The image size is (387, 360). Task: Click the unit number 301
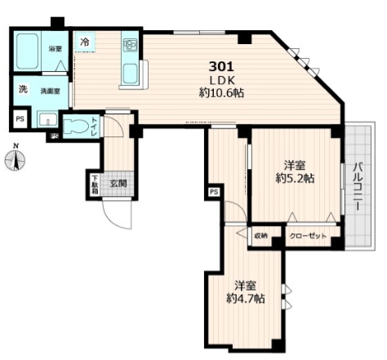coord(221,66)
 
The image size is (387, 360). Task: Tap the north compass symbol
coord(16,159)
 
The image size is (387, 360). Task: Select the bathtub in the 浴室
coord(27,51)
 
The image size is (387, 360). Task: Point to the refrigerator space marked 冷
coord(85,42)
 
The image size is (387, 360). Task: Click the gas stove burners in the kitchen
coord(130,45)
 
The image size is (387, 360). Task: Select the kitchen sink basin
coord(130,73)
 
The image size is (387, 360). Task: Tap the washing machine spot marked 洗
coord(23,89)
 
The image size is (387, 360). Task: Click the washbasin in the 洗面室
coord(47,119)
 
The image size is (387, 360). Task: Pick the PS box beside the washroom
coord(20,119)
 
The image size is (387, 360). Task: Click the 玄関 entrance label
coord(118,184)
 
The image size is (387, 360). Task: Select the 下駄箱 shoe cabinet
coord(95,184)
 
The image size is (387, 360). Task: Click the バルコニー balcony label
coord(358,186)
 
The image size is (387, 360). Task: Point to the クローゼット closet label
coord(308,236)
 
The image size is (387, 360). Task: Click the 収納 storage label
coord(260,236)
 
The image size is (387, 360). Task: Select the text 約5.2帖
coord(295,179)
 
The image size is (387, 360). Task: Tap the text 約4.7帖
coord(246,299)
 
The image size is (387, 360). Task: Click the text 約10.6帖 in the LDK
coord(221,93)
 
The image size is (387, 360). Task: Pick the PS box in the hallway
coord(214,193)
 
